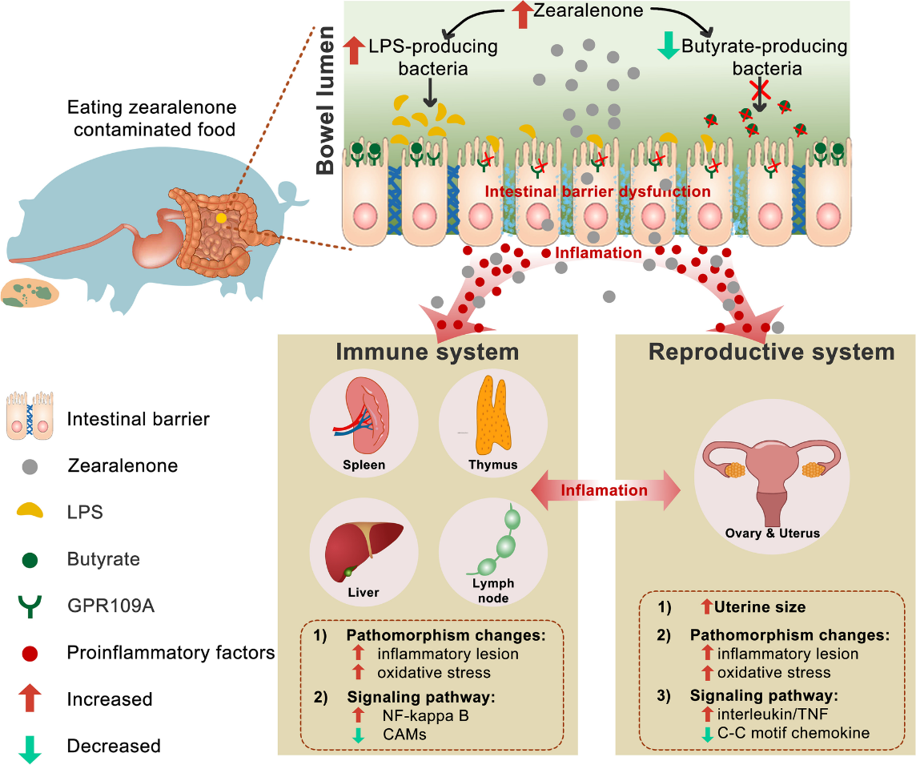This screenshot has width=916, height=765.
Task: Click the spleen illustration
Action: (x=369, y=424)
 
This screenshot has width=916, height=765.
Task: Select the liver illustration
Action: (x=364, y=552)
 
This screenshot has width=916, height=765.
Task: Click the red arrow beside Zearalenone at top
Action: (x=520, y=14)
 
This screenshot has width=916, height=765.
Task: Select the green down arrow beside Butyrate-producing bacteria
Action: (x=666, y=45)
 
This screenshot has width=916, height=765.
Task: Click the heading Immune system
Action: (x=428, y=352)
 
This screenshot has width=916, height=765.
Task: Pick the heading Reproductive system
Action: (x=771, y=352)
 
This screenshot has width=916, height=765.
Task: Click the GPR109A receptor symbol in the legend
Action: (x=30, y=606)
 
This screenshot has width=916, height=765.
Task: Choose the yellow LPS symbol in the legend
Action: (x=30, y=510)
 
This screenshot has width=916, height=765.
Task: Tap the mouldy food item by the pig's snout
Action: (x=30, y=293)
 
